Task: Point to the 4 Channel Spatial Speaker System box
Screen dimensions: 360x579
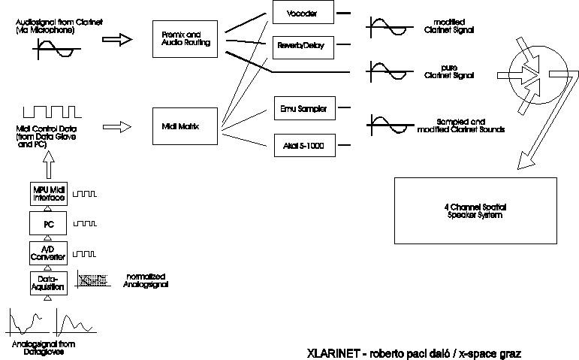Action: point(475,211)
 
